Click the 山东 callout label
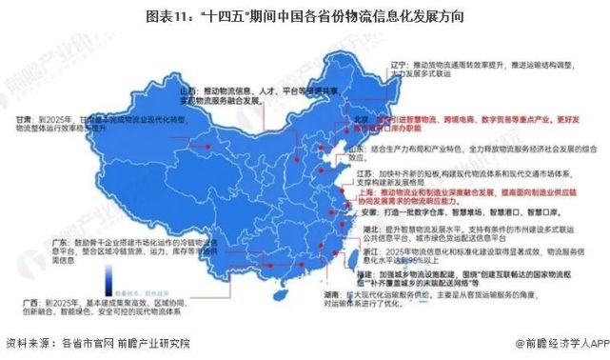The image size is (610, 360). click(x=358, y=150)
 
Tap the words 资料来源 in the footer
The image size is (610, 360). click(x=30, y=343)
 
